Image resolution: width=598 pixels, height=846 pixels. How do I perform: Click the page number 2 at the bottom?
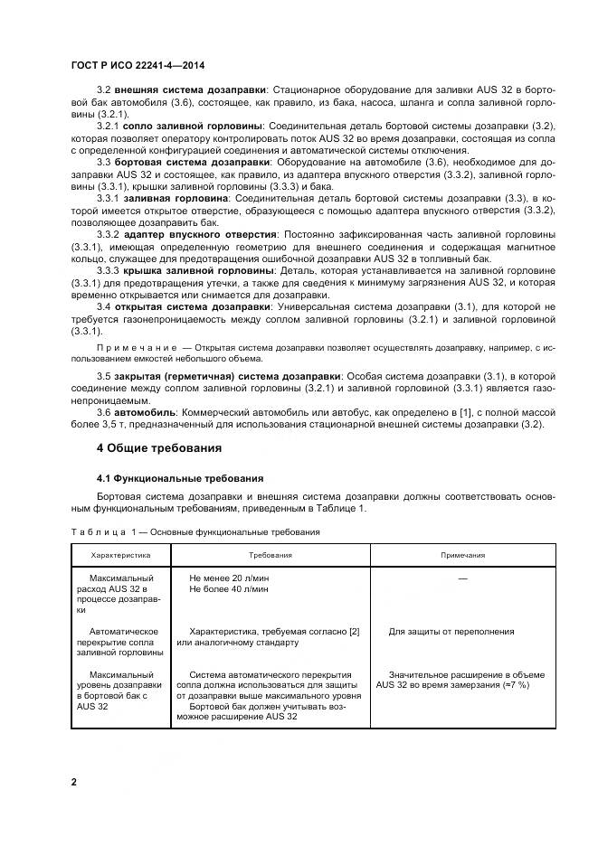(x=74, y=781)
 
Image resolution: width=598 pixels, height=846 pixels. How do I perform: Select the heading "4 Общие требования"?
(x=159, y=447)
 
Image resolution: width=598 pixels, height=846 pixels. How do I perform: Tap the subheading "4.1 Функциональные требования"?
(x=180, y=478)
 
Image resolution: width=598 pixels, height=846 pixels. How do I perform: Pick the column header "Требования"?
(x=271, y=556)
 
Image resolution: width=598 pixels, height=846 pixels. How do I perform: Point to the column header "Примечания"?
(x=462, y=556)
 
